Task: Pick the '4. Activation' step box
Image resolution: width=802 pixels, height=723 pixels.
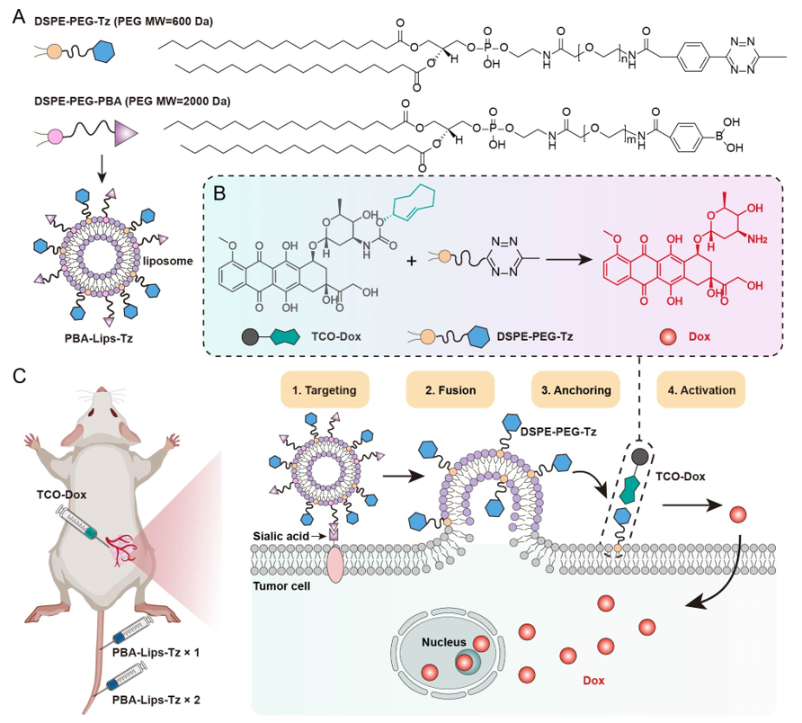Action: [700, 391]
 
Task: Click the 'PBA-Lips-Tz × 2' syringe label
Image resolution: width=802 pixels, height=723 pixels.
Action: [154, 696]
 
